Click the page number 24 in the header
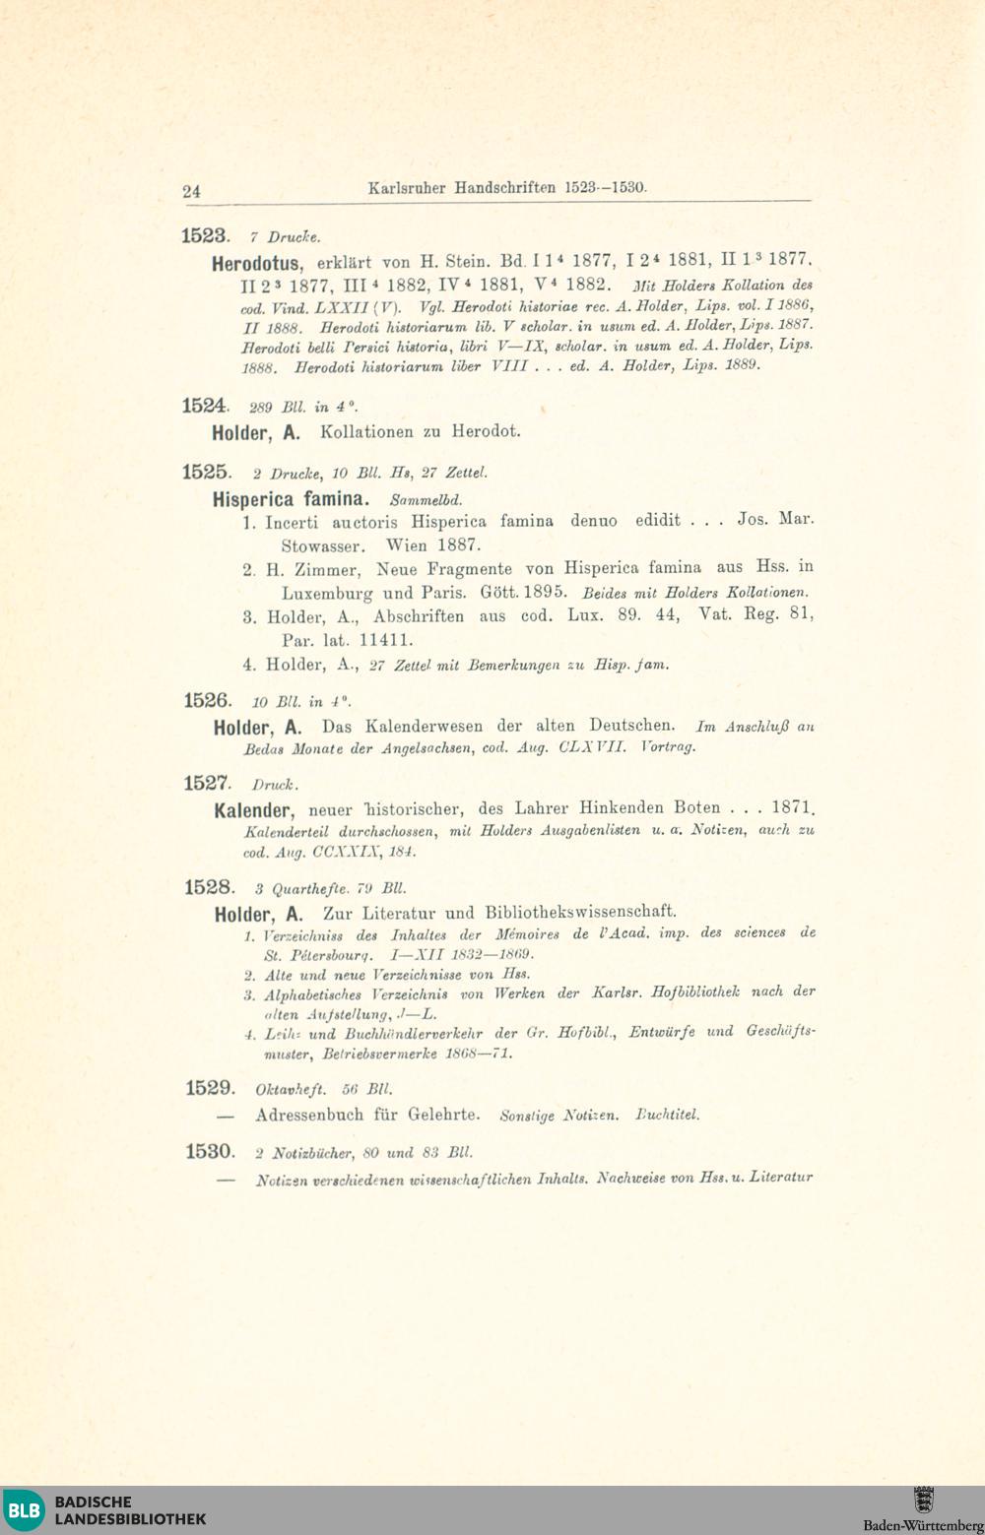pos(191,191)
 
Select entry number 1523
pos(205,235)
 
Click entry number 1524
pos(205,406)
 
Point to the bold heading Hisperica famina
pos(291,499)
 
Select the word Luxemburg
pos(327,594)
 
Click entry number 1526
pos(207,701)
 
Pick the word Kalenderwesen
pos(424,727)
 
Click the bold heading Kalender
pos(253,811)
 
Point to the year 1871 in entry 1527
pos(793,808)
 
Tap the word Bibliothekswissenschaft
pos(580,912)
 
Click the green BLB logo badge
pos(24,1510)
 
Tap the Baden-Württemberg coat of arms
pos(923,1500)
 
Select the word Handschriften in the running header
pos(504,187)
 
